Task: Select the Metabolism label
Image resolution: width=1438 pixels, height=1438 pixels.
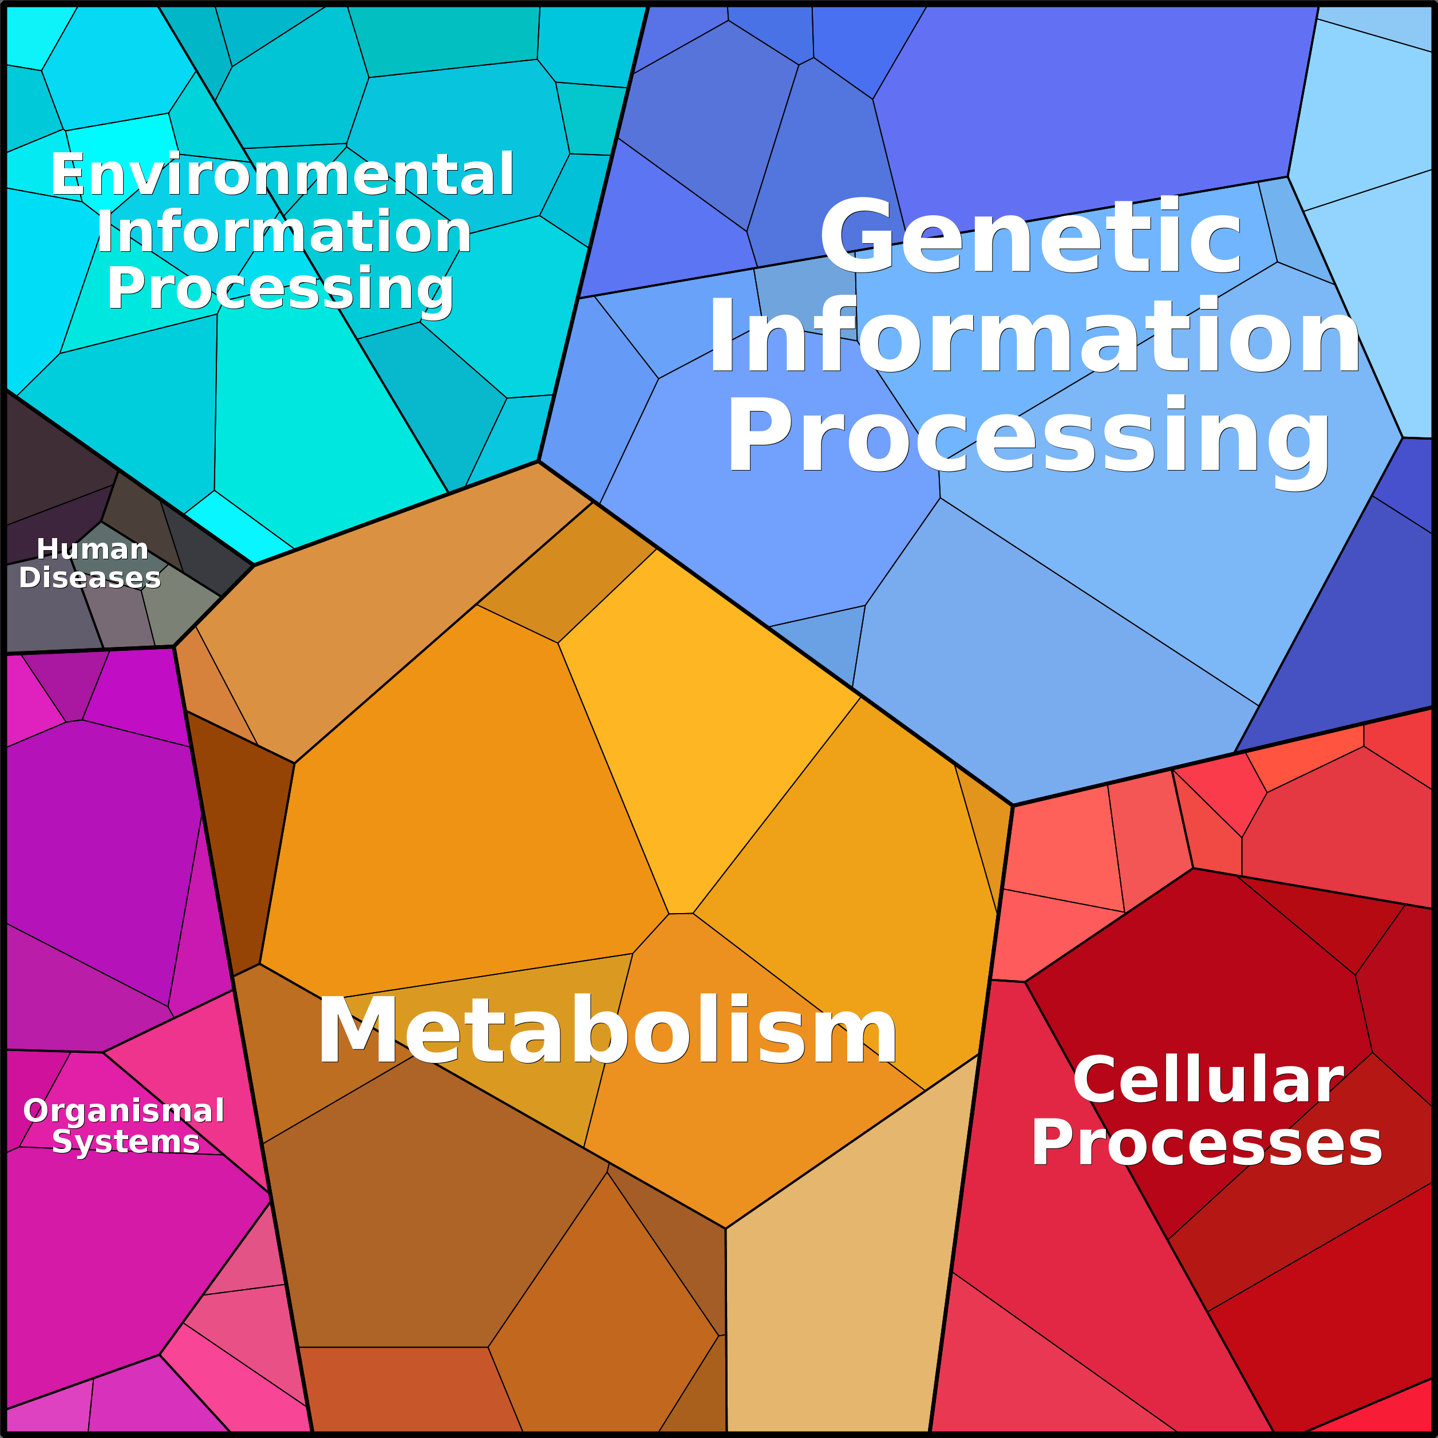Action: [607, 1031]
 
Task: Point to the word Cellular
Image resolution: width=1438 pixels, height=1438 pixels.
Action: [1207, 1079]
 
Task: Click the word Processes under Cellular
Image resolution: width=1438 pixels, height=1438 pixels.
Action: [1206, 1143]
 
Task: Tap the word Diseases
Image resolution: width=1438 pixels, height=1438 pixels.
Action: [89, 578]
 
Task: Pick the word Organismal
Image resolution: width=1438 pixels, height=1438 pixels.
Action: [124, 1111]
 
